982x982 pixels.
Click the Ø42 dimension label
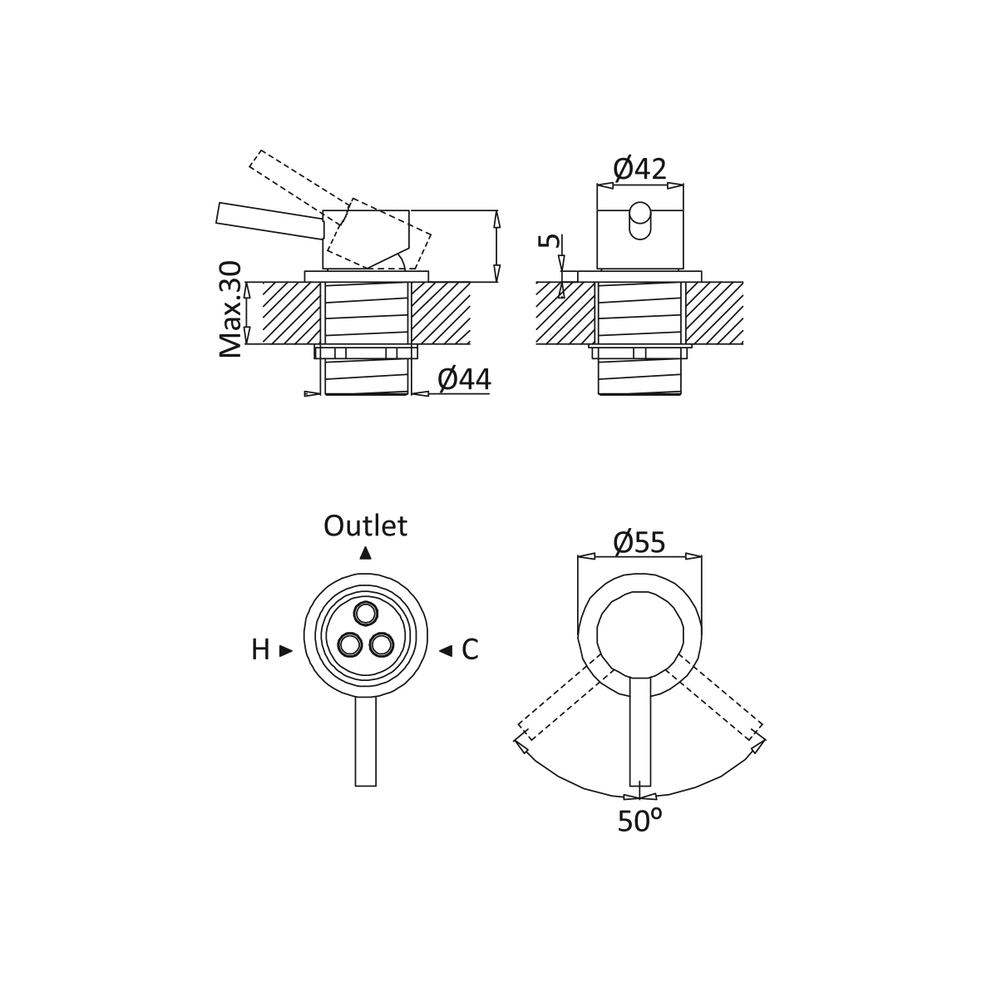tap(639, 169)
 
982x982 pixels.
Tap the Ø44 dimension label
tap(464, 379)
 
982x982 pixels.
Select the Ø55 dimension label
tap(639, 542)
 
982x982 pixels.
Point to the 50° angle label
tap(639, 821)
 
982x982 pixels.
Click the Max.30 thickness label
tap(230, 309)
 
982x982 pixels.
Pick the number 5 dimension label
tap(550, 240)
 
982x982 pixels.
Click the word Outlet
tap(365, 526)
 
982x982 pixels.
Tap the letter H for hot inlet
tap(260, 651)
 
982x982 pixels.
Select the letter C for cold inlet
tap(470, 651)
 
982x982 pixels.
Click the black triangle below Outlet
tap(365, 553)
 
